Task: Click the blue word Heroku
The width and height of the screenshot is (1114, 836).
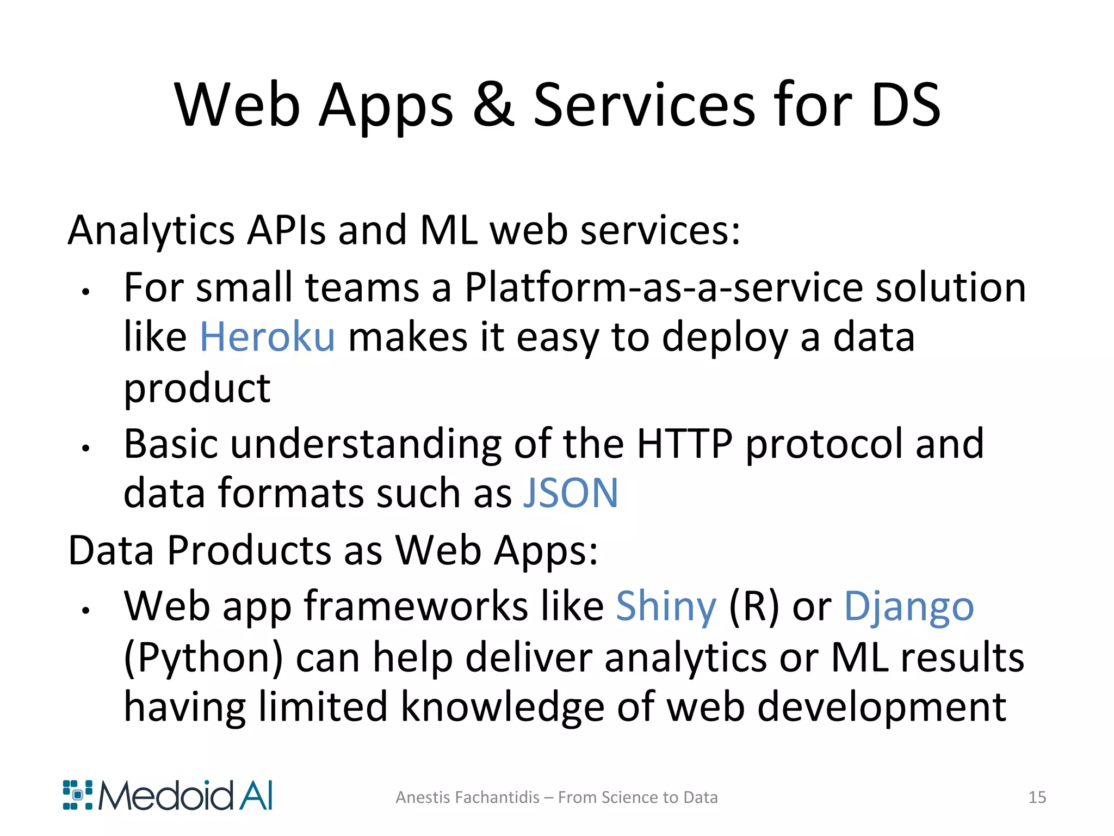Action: pos(267,337)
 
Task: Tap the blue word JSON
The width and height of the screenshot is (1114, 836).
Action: pos(570,493)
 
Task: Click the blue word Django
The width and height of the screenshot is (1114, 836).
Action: pos(908,607)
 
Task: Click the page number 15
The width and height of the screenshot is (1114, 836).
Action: pos(1037,797)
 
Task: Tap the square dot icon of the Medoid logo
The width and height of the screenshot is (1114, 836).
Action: pos(78,795)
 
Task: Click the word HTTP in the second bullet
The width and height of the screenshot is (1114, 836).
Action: pos(684,444)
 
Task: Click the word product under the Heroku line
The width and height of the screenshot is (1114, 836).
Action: pos(197,389)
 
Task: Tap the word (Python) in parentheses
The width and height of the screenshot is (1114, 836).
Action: pos(203,657)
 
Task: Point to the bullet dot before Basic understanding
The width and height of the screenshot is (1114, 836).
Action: pos(85,448)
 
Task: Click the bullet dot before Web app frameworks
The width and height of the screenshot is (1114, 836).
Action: pos(85,611)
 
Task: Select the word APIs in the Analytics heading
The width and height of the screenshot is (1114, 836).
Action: pos(286,230)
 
